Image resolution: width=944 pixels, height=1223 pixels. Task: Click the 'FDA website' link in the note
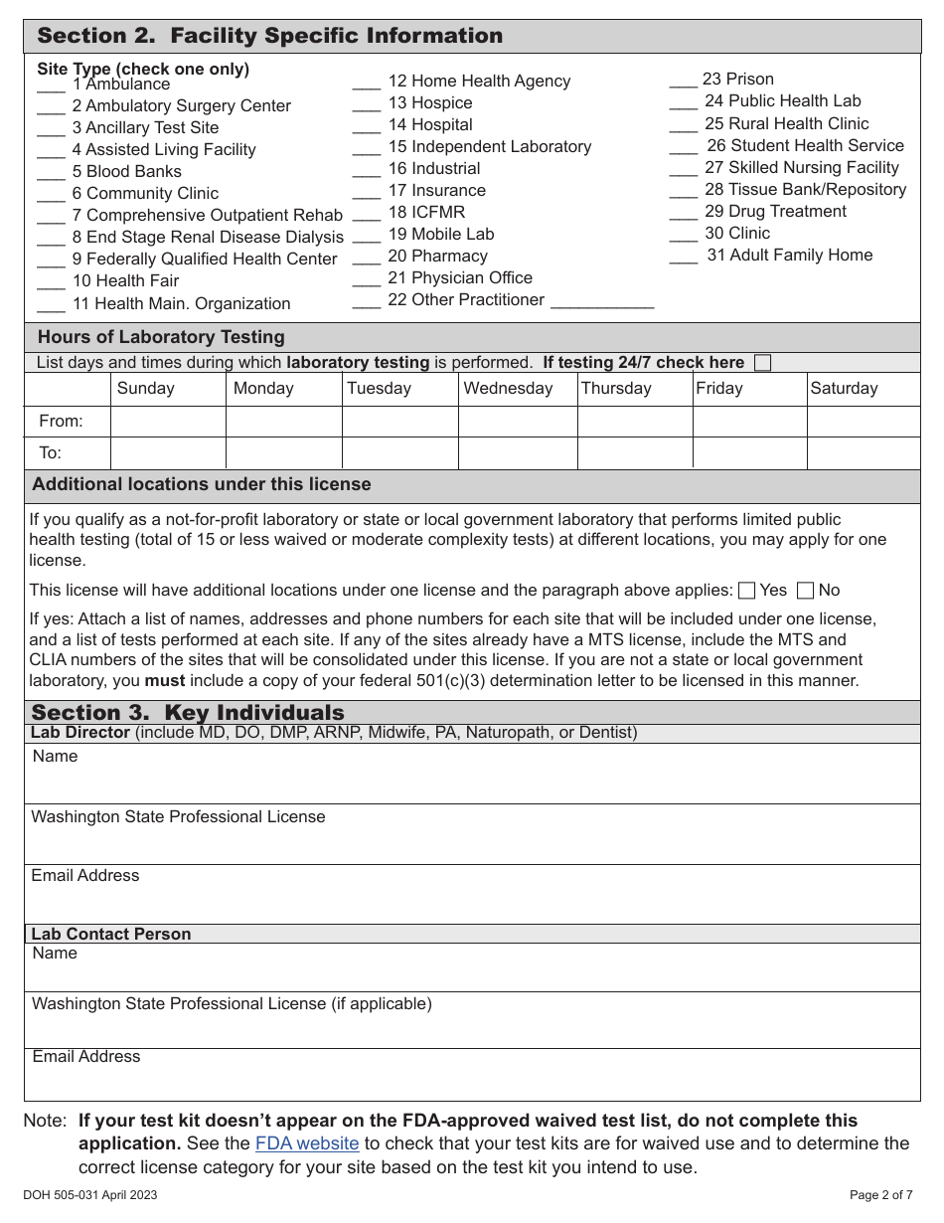307,1143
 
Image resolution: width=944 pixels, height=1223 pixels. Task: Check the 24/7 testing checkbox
762,363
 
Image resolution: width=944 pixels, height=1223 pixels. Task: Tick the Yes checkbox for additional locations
747,591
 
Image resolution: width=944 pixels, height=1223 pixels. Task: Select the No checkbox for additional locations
806,591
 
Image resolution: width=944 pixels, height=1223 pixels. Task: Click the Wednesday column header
508,389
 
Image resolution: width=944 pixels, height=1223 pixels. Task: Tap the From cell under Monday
283,422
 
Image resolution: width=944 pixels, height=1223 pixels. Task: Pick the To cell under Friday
748,453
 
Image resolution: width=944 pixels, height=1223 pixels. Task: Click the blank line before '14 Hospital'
367,126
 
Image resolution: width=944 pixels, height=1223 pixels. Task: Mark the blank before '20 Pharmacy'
367,258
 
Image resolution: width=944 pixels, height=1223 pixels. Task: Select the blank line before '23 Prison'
683,81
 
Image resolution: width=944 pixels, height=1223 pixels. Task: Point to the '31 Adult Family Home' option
789,256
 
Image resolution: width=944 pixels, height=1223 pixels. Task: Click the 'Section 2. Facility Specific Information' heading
270,37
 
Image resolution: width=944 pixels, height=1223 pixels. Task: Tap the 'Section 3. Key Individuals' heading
188,713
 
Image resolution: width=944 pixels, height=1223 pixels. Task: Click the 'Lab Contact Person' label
111,934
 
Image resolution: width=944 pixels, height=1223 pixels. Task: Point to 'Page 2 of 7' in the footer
883,1195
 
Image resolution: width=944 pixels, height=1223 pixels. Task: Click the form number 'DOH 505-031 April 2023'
89,1195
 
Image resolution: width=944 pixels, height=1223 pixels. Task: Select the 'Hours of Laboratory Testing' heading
161,337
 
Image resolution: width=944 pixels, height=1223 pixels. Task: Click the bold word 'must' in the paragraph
165,681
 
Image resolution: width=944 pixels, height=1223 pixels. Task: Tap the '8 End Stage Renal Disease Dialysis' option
207,238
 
